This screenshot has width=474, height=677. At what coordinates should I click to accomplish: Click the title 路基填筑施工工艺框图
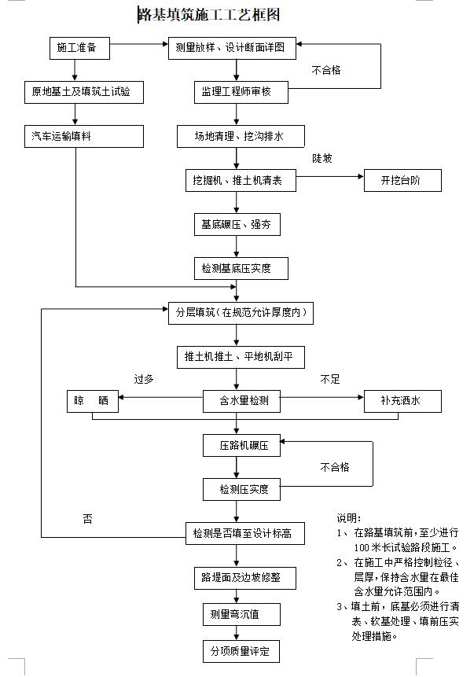[x=208, y=15]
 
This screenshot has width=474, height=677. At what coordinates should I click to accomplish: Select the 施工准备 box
[x=76, y=49]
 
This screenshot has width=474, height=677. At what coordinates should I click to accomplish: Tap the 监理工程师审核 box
[x=233, y=92]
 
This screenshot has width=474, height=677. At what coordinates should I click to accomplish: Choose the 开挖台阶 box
[x=402, y=180]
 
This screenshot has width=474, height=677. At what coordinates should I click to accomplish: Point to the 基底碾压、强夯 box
[x=236, y=225]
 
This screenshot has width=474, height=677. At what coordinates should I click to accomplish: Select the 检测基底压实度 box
[x=236, y=269]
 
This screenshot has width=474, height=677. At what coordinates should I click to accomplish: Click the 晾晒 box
[x=92, y=401]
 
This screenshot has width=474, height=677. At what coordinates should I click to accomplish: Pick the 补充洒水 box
[x=402, y=401]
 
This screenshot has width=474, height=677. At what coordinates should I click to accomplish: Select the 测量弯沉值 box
[x=236, y=613]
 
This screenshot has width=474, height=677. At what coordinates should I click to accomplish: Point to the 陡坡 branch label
[x=322, y=158]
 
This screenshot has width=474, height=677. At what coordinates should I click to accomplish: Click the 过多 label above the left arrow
[x=144, y=379]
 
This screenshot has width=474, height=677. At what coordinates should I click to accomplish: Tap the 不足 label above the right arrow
[x=330, y=379]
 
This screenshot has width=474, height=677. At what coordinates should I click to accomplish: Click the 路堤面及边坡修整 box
[x=236, y=578]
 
